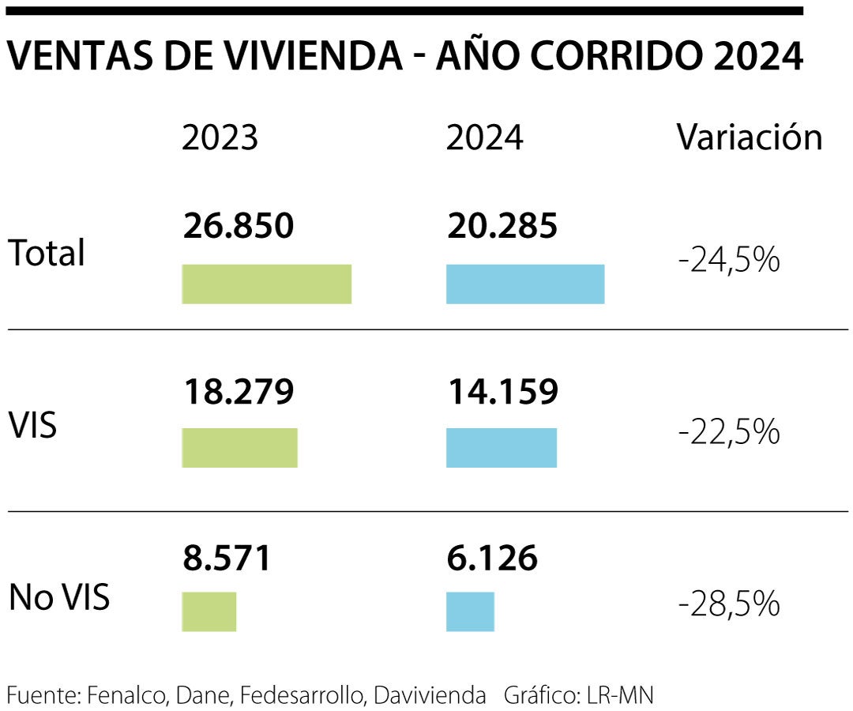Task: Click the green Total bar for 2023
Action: point(266,284)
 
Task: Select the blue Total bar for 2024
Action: point(525,284)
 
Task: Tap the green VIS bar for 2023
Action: point(239,448)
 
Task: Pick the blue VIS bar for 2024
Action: point(502,448)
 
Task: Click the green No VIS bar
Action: point(209,611)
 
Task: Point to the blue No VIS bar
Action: point(470,611)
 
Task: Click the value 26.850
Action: point(238,227)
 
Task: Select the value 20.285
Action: point(502,227)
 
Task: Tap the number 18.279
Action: point(238,391)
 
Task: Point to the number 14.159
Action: point(502,391)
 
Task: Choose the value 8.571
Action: point(227,558)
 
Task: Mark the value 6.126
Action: point(491,558)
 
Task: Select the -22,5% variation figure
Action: point(729,432)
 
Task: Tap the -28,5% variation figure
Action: point(729,604)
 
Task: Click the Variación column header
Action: point(749,138)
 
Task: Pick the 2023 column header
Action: point(220,138)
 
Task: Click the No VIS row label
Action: point(59,598)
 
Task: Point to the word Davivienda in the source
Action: point(430,695)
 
